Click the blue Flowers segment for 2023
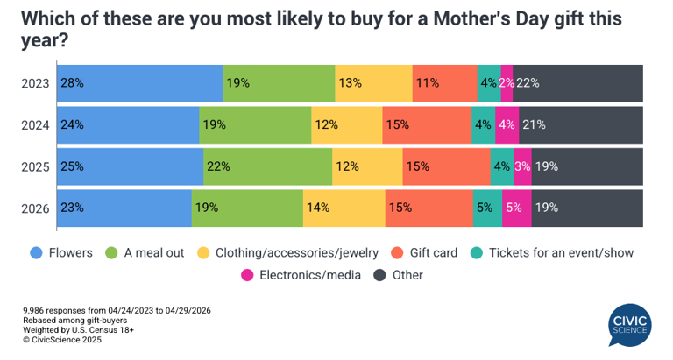click(x=140, y=84)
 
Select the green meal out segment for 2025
click(x=267, y=166)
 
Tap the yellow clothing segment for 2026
click(x=344, y=208)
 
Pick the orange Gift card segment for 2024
click(x=426, y=125)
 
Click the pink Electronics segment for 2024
click(x=507, y=125)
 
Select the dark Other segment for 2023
click(x=578, y=84)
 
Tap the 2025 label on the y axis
click(x=36, y=166)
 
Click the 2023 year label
click(x=36, y=84)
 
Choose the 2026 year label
click(x=36, y=208)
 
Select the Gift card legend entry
click(x=425, y=253)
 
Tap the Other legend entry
click(x=399, y=275)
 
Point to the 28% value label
click(x=73, y=84)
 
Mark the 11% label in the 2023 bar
click(x=428, y=84)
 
